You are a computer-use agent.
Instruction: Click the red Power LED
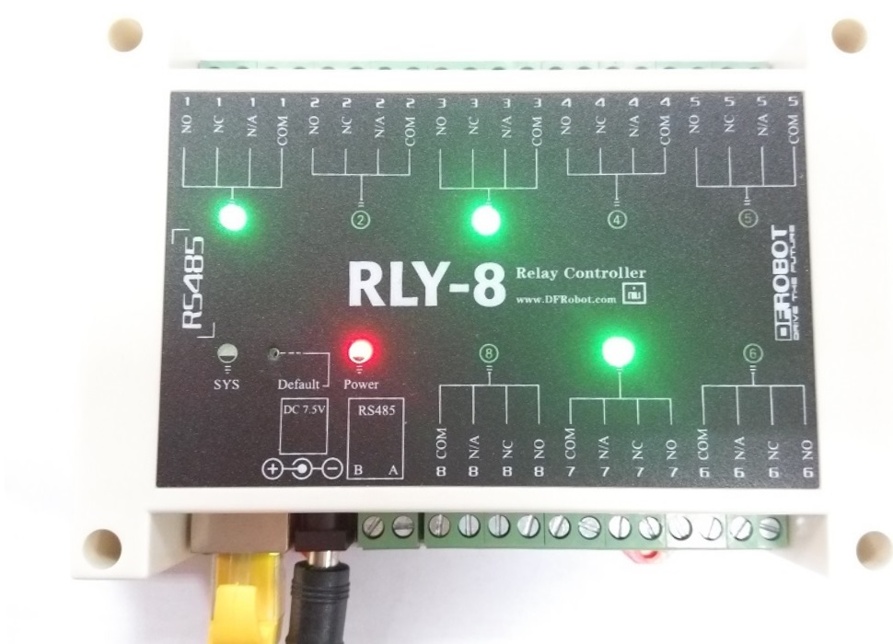pos(357,351)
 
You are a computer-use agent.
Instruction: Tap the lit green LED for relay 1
pos(232,218)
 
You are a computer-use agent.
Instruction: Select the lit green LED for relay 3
pos(485,220)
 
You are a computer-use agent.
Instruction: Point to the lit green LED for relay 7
pos(618,351)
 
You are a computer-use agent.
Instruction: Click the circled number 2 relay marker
pos(361,220)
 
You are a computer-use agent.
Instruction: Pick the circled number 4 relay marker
pos(617,219)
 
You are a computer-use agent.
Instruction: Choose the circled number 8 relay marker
pos(489,351)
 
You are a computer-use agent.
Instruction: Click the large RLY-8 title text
pos(426,284)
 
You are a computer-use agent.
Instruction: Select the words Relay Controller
pos(581,272)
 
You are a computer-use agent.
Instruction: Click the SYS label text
pos(225,383)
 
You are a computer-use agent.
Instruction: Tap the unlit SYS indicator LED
pos(225,351)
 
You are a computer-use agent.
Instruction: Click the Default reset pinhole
pos(273,352)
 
